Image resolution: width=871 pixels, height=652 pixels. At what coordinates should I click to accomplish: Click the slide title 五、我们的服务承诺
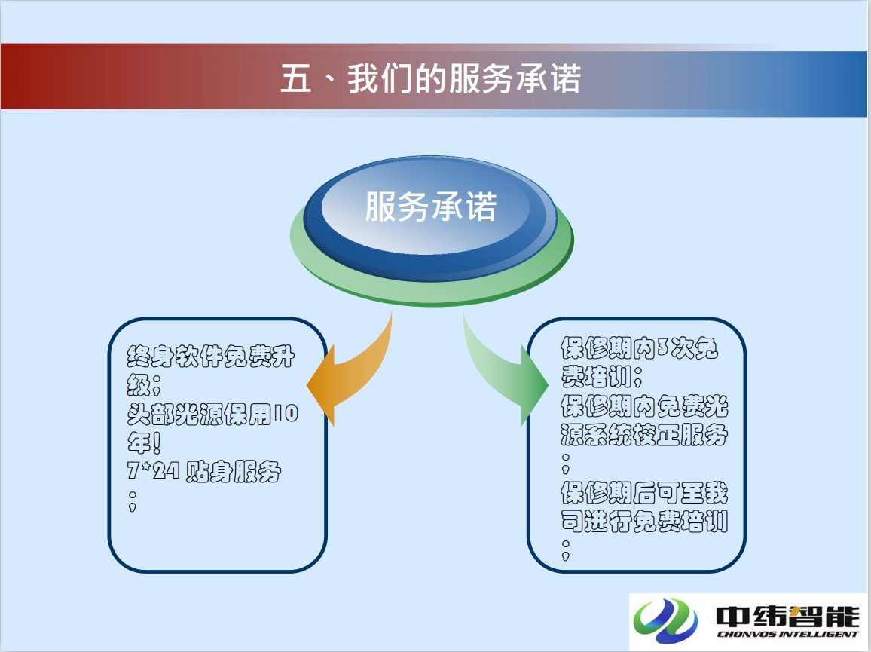click(x=430, y=78)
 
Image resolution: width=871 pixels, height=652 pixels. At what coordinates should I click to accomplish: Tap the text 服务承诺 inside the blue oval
click(x=430, y=207)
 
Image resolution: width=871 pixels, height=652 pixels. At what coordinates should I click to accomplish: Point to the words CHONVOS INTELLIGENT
click(x=787, y=634)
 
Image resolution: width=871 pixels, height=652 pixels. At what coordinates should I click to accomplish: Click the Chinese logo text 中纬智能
click(x=787, y=615)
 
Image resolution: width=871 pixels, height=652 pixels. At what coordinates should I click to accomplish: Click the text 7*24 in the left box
click(x=153, y=471)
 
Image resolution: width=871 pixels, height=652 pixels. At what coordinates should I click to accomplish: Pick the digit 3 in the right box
click(x=663, y=347)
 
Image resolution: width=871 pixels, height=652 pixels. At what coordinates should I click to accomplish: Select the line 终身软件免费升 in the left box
click(x=210, y=357)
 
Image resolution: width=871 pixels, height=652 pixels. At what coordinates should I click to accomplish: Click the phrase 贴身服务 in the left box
click(x=234, y=472)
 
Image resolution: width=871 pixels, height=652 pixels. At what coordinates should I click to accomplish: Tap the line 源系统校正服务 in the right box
click(x=643, y=434)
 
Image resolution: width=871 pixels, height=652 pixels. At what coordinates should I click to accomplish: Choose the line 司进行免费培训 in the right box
click(x=643, y=521)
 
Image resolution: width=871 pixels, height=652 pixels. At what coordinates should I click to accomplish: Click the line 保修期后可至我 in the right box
click(x=643, y=492)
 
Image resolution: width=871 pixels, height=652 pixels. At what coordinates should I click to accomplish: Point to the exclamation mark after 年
click(x=157, y=442)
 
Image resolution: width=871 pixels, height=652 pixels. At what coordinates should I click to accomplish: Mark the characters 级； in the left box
click(x=144, y=384)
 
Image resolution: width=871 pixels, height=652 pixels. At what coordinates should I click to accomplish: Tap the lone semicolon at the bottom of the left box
click(x=132, y=500)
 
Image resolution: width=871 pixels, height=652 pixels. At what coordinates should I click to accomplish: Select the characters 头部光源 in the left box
click(x=175, y=414)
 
